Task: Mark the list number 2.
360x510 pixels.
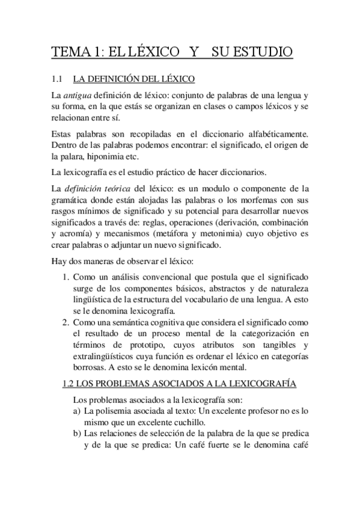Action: click(67, 324)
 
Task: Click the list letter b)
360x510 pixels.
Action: click(77, 435)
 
